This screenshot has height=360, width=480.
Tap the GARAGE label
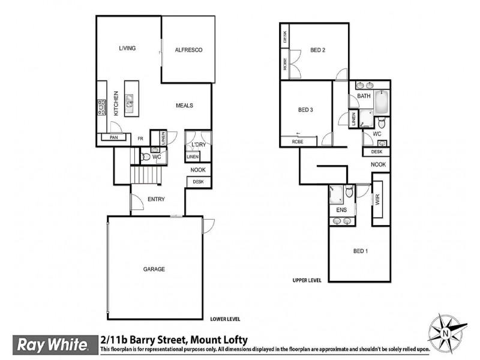coord(154,269)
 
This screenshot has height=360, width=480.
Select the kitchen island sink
coord(129,104)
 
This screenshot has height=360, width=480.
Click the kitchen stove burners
coord(101,109)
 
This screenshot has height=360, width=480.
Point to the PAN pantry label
coord(113,137)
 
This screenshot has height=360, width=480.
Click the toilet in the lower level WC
coord(146,157)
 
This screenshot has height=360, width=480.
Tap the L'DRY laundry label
coord(198,145)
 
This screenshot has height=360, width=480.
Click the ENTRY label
coord(155,200)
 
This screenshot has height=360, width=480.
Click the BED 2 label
coord(317,50)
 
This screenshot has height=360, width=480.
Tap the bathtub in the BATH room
coord(382,104)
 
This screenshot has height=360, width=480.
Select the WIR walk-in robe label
coord(378,200)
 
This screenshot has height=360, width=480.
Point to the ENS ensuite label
coord(341,210)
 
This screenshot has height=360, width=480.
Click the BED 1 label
coord(359,251)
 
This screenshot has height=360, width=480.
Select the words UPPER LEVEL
coord(307,280)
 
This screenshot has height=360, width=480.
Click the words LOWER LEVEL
coord(225,319)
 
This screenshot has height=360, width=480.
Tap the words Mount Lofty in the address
coord(218,340)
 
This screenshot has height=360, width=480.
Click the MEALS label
coord(184,105)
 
